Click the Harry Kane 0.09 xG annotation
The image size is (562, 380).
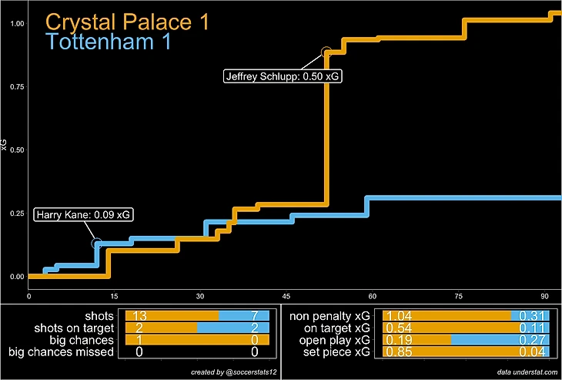83,215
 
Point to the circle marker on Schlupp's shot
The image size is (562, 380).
327,52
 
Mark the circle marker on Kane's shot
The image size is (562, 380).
96,244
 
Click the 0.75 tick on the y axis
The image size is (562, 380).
15,86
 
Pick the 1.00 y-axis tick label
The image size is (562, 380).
15,23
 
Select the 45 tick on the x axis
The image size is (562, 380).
286,296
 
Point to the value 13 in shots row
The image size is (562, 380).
139,316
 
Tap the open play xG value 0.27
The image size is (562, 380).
531,340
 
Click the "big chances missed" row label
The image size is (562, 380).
61,352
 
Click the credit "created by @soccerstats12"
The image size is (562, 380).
232,372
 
